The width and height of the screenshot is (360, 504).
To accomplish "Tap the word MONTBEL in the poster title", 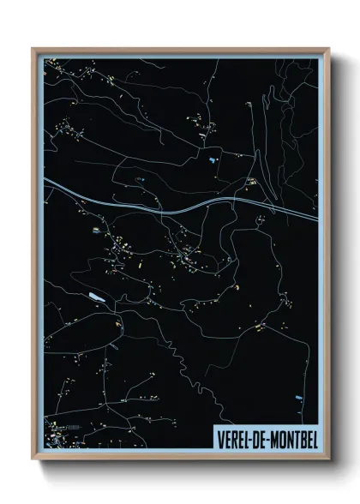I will [x=287, y=437].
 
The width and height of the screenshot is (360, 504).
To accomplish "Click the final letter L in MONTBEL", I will [x=315, y=437].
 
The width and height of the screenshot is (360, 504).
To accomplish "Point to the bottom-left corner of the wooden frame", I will [x=33, y=459].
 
